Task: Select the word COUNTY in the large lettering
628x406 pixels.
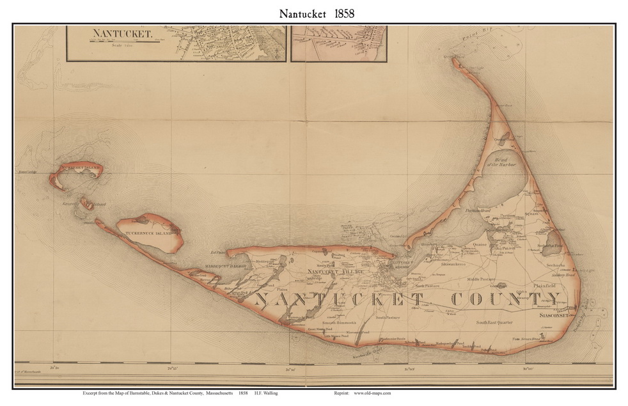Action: [x=505, y=299]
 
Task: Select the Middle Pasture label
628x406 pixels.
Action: [x=482, y=279]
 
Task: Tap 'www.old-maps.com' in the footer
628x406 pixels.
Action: [x=372, y=393]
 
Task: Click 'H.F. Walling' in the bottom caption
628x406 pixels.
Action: [x=265, y=393]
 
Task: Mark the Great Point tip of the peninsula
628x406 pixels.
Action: [x=456, y=61]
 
